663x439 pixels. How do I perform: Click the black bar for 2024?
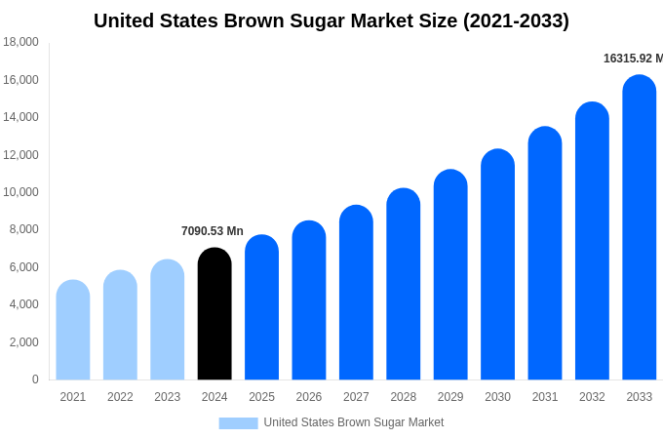[x=214, y=314]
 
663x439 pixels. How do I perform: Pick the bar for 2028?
[x=403, y=284]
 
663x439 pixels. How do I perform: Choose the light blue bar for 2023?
[x=168, y=320]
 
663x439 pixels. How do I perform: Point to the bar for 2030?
[x=497, y=264]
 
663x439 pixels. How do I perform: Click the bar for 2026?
[x=309, y=300]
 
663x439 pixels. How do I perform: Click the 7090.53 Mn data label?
[x=213, y=231]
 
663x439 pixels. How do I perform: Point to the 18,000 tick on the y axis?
[x=21, y=42]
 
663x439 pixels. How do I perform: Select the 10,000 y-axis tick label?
[x=21, y=192]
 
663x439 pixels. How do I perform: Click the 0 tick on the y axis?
[x=35, y=379]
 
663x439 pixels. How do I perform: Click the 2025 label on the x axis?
[x=261, y=397]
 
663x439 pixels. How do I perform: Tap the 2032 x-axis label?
[x=592, y=397]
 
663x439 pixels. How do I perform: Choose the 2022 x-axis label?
[x=120, y=397]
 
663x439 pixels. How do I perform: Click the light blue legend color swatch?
[x=238, y=423]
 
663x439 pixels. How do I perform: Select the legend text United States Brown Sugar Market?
[x=353, y=422]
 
